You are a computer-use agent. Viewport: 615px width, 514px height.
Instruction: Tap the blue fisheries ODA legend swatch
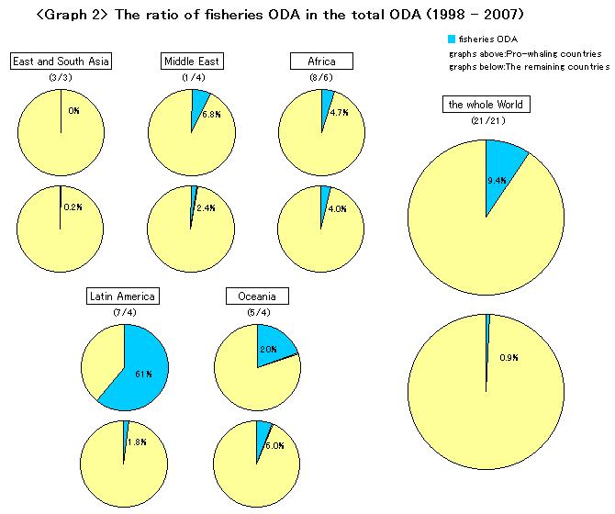pos(450,39)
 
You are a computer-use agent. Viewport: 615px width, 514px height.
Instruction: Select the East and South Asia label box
pos(61,61)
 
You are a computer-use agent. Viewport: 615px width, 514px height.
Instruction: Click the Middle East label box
pos(191,61)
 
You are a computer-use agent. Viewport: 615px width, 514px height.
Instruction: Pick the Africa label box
pos(320,61)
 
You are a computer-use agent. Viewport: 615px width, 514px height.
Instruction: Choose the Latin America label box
pos(123,296)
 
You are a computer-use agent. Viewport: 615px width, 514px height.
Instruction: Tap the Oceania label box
pos(257,296)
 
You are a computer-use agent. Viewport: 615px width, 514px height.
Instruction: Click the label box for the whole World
pos(486,105)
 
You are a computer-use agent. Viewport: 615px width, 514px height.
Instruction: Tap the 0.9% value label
pos(509,358)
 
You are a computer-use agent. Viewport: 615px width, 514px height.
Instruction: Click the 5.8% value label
pos(211,115)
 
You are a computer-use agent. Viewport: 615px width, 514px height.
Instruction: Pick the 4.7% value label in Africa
pos(337,114)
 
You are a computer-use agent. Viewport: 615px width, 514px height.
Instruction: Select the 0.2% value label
pos(73,207)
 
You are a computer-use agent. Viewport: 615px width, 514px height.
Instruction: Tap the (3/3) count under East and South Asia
pos(61,78)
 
